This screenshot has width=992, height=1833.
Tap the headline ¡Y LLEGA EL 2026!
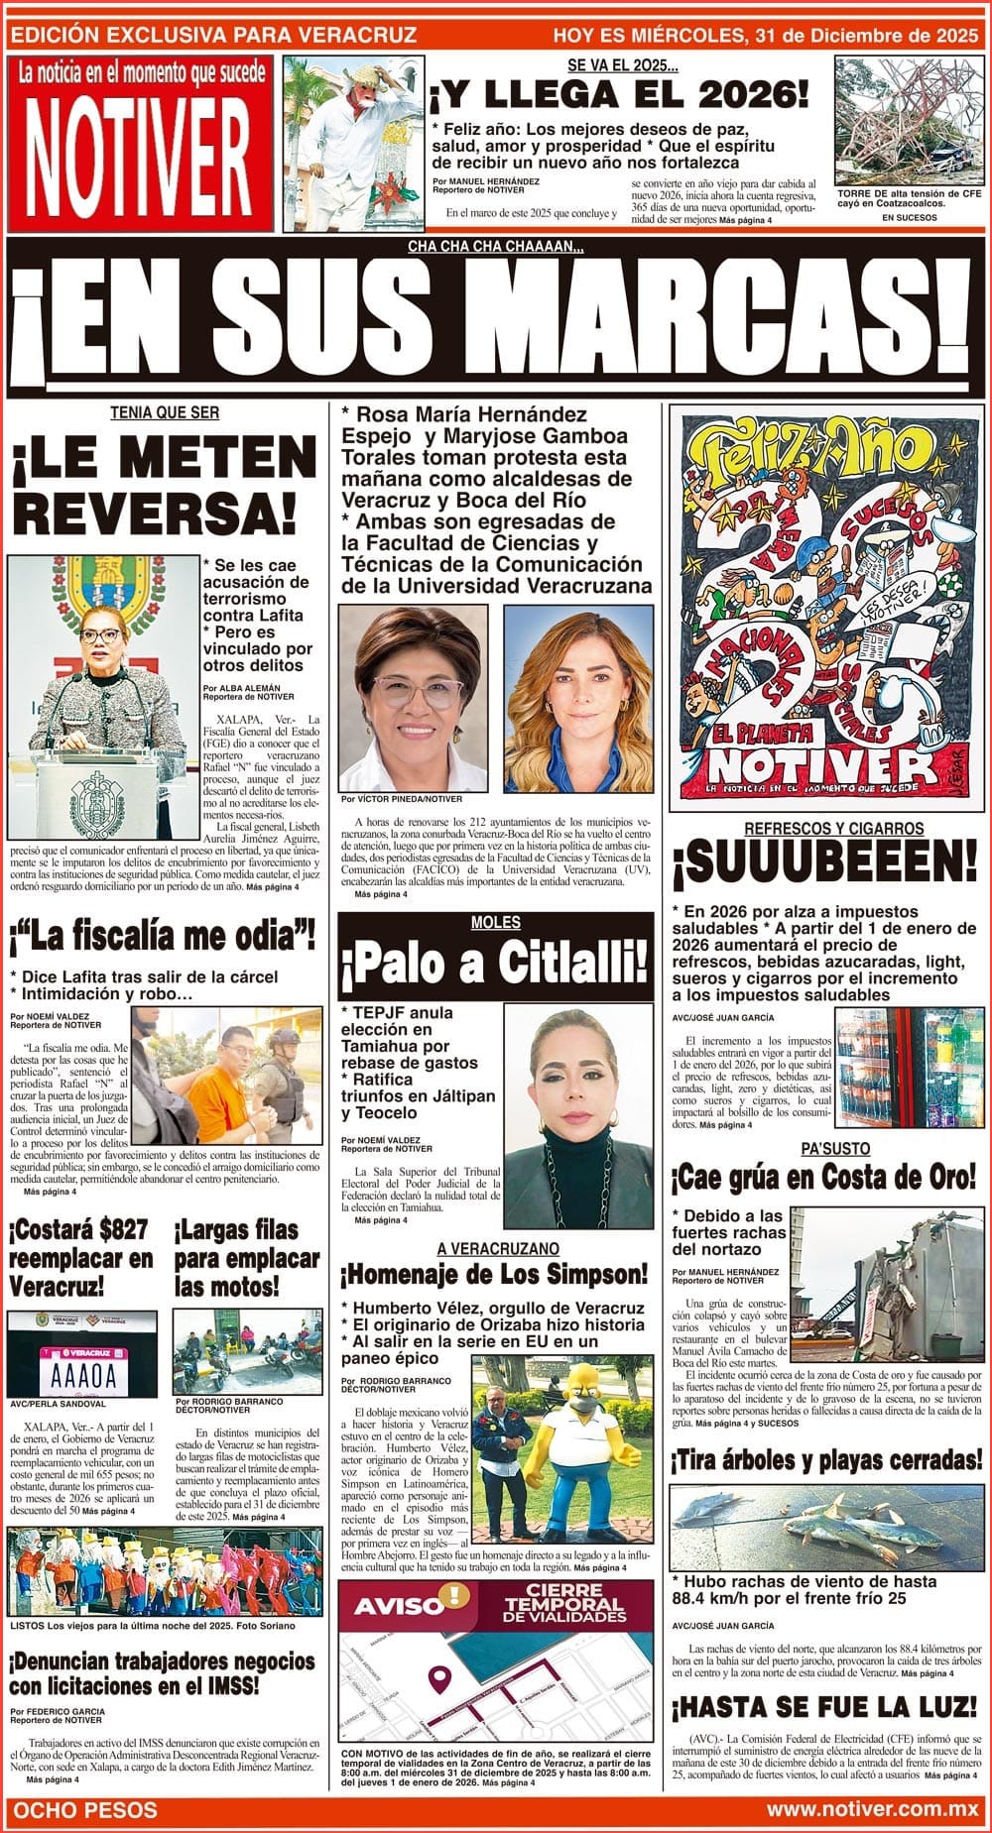click(618, 96)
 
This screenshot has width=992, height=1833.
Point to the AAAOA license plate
click(76, 1375)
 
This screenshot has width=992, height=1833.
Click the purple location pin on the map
click(437, 1678)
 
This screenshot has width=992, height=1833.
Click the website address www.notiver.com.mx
click(872, 1809)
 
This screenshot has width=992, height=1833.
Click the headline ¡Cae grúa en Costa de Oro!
click(823, 1177)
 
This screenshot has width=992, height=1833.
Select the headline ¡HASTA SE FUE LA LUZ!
click(823, 1707)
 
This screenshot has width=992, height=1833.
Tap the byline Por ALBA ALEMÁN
click(241, 687)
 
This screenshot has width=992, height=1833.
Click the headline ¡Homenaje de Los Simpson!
click(493, 1274)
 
